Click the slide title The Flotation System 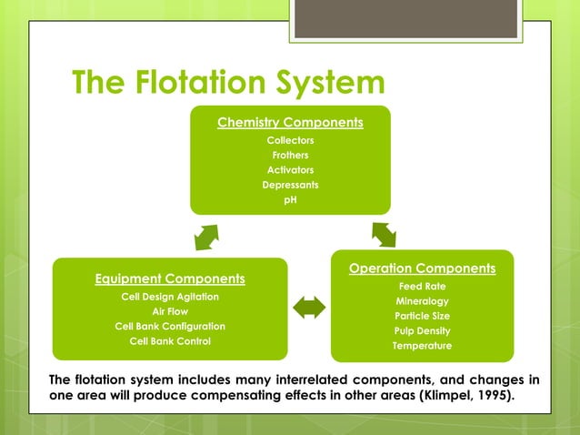pos(228,84)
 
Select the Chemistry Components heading pos(290,122)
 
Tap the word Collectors pos(290,140)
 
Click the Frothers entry pos(290,155)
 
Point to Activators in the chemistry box pos(290,170)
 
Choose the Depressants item pos(290,185)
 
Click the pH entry pos(290,199)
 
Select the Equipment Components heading pos(170,278)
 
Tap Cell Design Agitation pos(170,297)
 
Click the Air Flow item pos(170,311)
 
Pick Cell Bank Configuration pos(170,326)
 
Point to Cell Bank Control pos(170,341)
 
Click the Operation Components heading pos(422,268)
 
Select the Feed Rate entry pos(422,287)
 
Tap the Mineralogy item pos(422,301)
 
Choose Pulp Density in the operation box pos(422,330)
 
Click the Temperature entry pos(422,346)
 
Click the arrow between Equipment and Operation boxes pos(309,309)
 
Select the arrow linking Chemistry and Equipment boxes pos(206,236)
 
